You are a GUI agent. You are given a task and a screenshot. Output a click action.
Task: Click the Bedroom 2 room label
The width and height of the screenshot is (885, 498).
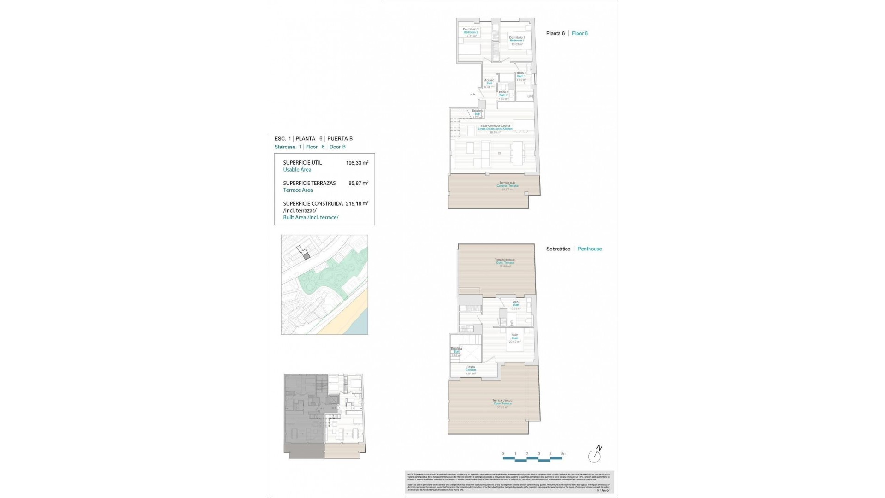click(x=471, y=32)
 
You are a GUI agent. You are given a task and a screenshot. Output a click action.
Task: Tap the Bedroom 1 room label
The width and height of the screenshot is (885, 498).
click(x=516, y=41)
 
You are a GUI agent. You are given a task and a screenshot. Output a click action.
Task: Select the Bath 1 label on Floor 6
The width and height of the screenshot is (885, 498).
click(x=521, y=76)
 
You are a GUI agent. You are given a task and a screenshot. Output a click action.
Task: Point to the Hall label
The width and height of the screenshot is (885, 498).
click(x=489, y=83)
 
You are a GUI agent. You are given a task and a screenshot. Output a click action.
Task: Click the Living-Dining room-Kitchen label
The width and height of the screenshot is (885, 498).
click(x=495, y=129)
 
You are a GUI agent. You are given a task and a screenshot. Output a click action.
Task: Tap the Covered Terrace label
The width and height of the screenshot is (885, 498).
click(x=507, y=186)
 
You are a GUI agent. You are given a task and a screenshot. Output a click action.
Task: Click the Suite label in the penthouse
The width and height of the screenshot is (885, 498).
click(x=514, y=338)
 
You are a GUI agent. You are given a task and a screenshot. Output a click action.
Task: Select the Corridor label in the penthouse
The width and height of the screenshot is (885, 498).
click(x=470, y=370)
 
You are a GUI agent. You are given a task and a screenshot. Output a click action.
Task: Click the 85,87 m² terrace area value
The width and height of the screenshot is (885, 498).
click(x=358, y=183)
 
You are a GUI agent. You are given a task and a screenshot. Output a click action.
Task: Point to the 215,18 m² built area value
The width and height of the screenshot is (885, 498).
click(x=357, y=203)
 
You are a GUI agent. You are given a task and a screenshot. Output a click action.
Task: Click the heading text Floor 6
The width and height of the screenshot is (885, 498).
click(x=579, y=33)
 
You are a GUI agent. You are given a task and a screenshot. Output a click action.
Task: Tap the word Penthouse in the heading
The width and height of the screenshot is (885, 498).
click(x=590, y=249)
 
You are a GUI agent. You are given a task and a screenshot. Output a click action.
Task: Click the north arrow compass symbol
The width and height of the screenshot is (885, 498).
click(x=595, y=456)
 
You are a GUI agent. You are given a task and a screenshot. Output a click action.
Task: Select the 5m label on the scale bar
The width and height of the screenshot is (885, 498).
click(x=564, y=454)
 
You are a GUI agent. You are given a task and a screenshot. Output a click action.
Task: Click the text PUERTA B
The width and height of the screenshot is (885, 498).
click(x=340, y=138)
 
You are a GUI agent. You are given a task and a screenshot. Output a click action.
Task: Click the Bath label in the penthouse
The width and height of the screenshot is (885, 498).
click(x=516, y=305)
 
